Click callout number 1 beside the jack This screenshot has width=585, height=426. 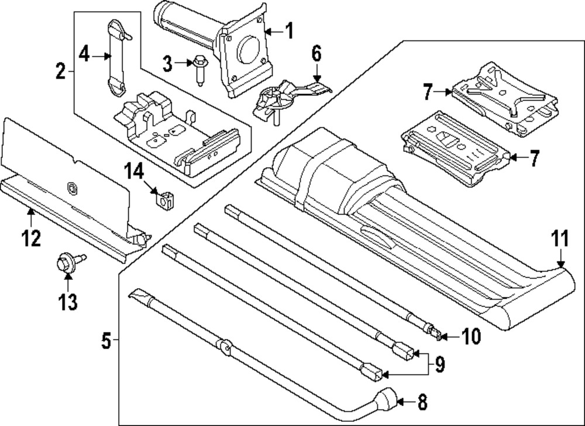288,30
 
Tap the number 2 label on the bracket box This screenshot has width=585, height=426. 60,72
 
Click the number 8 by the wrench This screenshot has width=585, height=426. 421,402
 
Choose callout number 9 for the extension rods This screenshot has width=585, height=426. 439,365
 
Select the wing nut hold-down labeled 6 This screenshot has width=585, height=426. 275,99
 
